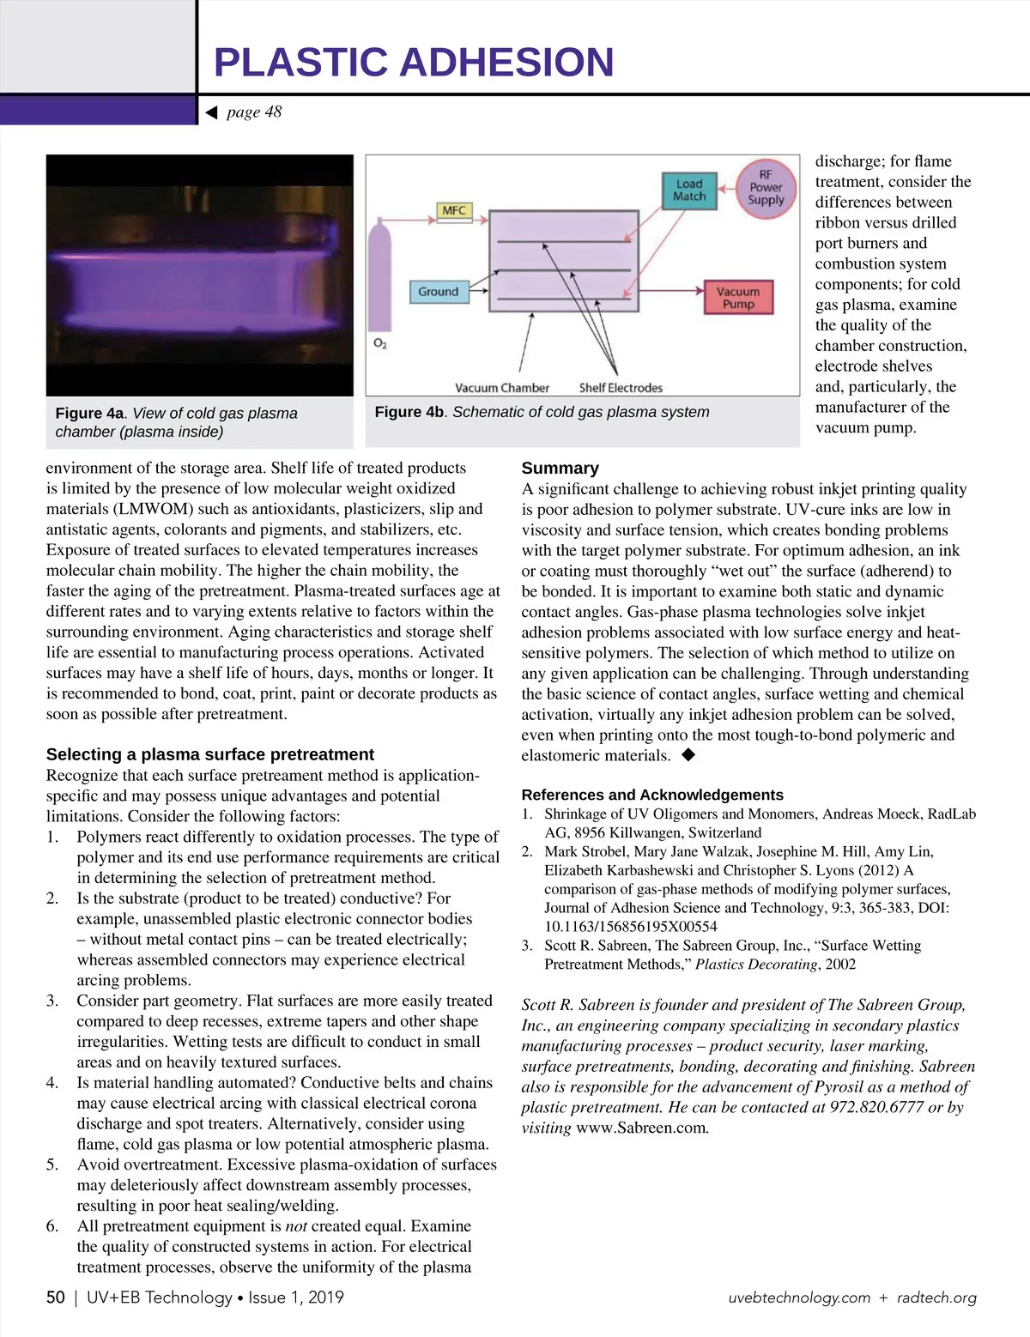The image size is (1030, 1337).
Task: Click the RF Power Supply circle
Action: pyautogui.click(x=766, y=187)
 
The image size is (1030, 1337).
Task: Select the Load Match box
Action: pyautogui.click(x=690, y=191)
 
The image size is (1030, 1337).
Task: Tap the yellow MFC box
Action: pyautogui.click(x=453, y=210)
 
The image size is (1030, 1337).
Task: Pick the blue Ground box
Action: pyautogui.click(x=439, y=292)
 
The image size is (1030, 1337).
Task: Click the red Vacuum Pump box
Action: pyautogui.click(x=738, y=298)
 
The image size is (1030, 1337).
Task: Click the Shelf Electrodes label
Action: pyautogui.click(x=621, y=388)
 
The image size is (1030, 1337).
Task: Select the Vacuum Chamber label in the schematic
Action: pyautogui.click(x=502, y=388)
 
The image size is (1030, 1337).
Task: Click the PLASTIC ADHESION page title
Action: pyautogui.click(x=414, y=63)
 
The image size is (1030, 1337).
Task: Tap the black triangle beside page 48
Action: pyautogui.click(x=212, y=112)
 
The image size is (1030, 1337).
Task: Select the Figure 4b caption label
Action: pyautogui.click(x=409, y=412)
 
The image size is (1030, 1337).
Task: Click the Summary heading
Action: pyautogui.click(x=560, y=468)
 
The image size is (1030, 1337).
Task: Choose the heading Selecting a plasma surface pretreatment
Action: pyautogui.click(x=210, y=754)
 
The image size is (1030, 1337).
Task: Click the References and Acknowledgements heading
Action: pyautogui.click(x=652, y=795)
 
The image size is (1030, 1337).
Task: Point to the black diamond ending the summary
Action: pyautogui.click(x=688, y=755)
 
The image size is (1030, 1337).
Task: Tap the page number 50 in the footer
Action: pyautogui.click(x=56, y=1298)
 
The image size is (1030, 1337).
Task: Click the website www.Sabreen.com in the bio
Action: pyautogui.click(x=642, y=1128)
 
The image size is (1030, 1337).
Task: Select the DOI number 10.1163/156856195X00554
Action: pyautogui.click(x=631, y=927)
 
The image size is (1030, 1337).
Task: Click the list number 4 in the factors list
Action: pyautogui.click(x=51, y=1083)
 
